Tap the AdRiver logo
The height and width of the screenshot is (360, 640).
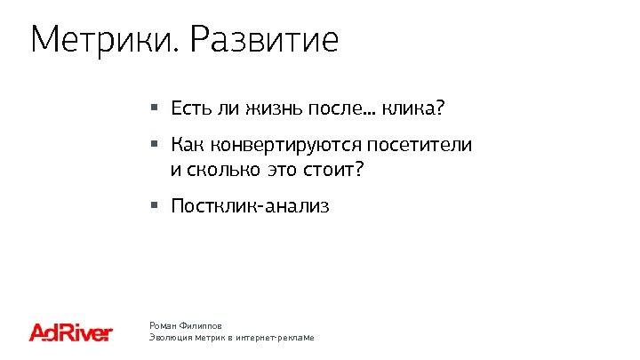71,332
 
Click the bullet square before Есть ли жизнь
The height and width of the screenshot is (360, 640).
154,108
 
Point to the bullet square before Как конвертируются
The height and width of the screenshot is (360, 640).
154,143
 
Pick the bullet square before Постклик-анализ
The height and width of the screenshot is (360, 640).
154,205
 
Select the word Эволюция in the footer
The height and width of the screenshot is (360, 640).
170,339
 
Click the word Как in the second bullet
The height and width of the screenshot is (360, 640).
187,144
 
